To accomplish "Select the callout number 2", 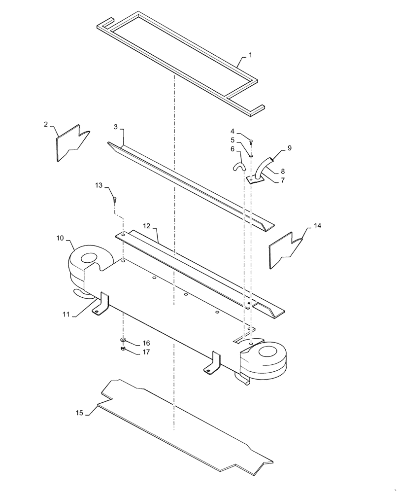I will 46,124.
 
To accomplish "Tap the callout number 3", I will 116,127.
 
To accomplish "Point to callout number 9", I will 290,147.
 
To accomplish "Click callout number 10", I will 60,238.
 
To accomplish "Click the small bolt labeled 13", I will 115,199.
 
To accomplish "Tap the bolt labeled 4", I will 251,143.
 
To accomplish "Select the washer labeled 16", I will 122,341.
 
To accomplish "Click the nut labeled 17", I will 123,350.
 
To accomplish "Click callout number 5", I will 233,140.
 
